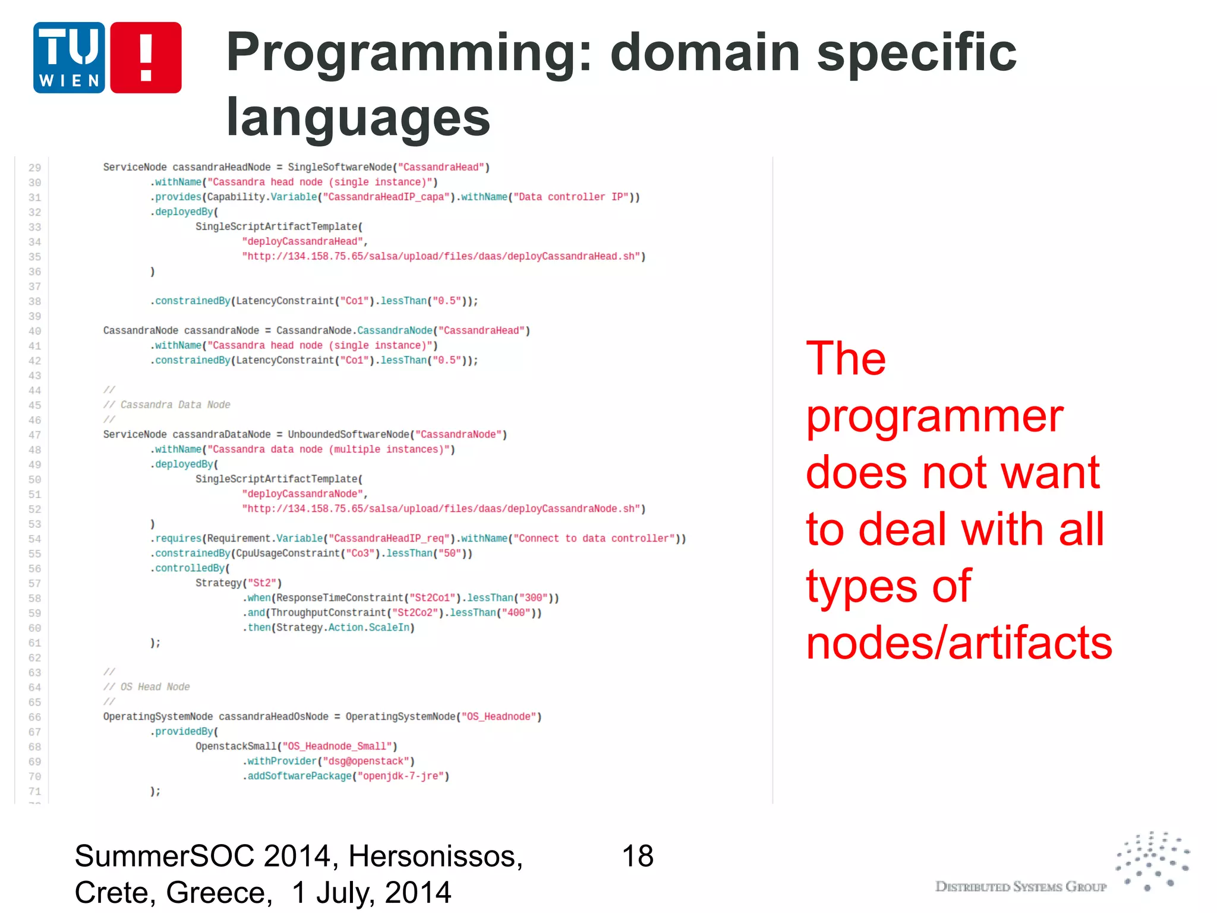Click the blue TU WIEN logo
(69, 58)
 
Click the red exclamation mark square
(146, 58)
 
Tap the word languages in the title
(358, 118)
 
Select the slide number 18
(637, 857)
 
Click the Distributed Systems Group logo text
(1020, 887)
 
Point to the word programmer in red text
(934, 417)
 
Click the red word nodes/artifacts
(959, 644)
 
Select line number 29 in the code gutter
(34, 168)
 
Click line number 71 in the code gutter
(34, 792)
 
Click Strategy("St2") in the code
(238, 583)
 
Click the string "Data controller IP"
(573, 197)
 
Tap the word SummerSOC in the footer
(165, 857)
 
